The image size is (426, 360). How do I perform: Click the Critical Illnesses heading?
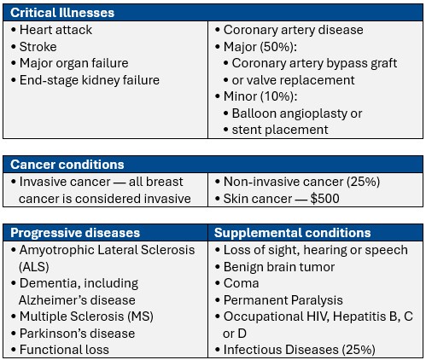[x=61, y=12]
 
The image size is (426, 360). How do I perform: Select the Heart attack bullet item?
[x=55, y=30]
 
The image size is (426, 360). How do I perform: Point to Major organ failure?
[x=73, y=63]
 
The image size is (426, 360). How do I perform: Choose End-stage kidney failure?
[x=89, y=80]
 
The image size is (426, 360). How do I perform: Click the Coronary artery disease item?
[x=293, y=30]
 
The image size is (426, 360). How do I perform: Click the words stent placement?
[x=280, y=130]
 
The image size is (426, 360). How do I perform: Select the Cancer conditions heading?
[x=67, y=164]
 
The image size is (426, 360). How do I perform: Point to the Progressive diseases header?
[x=75, y=232]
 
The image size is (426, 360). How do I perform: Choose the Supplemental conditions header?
[x=292, y=232]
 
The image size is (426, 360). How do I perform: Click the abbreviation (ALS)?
[x=34, y=265]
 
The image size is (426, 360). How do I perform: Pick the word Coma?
[x=241, y=282]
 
